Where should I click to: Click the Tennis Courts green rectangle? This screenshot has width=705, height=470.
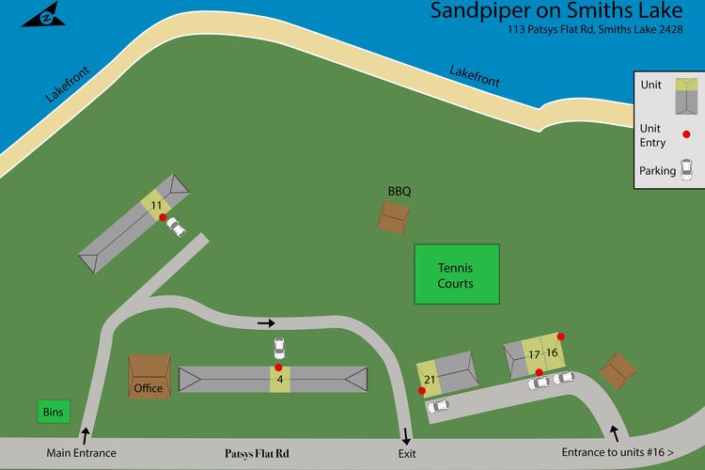[456, 274]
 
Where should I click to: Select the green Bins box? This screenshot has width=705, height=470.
[55, 412]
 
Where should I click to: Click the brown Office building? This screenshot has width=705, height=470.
[149, 377]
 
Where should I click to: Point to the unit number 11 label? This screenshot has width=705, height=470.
[156, 205]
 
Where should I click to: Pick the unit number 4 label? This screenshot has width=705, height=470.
[279, 380]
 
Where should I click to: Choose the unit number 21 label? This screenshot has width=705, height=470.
[429, 379]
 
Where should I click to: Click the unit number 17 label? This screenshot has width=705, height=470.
[534, 354]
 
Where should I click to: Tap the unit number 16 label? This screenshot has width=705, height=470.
[552, 352]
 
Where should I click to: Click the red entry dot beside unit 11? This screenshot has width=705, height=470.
[163, 218]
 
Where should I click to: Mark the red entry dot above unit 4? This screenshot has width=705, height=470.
[278, 367]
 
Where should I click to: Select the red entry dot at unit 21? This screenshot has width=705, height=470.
[422, 390]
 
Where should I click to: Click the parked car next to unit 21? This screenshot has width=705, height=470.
[438, 406]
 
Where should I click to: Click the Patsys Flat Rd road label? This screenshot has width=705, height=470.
[257, 453]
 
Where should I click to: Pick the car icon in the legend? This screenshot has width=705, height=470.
[687, 171]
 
